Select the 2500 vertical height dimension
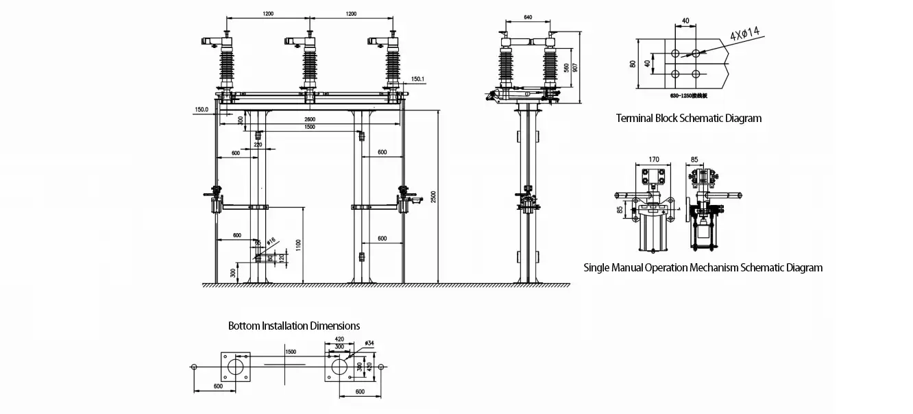click(433, 197)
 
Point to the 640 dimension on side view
click(528, 17)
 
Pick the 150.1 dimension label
click(417, 80)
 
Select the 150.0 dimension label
click(201, 109)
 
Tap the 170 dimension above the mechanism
click(653, 160)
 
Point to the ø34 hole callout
click(369, 343)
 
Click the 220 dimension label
click(258, 145)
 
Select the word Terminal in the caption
click(636, 118)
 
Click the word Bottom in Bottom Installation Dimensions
click(244, 326)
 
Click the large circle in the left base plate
click(237, 367)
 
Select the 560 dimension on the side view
click(566, 68)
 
